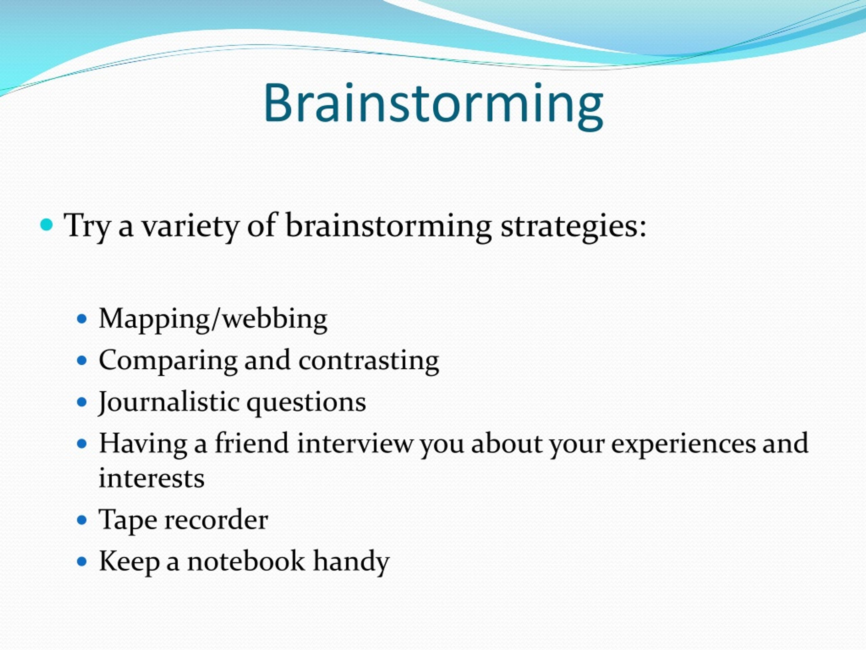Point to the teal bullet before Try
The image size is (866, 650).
tap(47, 224)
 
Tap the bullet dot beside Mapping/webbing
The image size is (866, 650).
tap(82, 319)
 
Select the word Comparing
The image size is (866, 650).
tap(168, 361)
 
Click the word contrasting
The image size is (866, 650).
tap(368, 361)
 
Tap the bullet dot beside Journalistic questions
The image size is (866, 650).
tap(82, 402)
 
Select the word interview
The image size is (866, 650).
tap(355, 443)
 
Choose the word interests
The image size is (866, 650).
tap(152, 479)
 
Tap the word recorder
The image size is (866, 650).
tap(216, 520)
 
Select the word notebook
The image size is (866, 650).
tap(246, 561)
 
